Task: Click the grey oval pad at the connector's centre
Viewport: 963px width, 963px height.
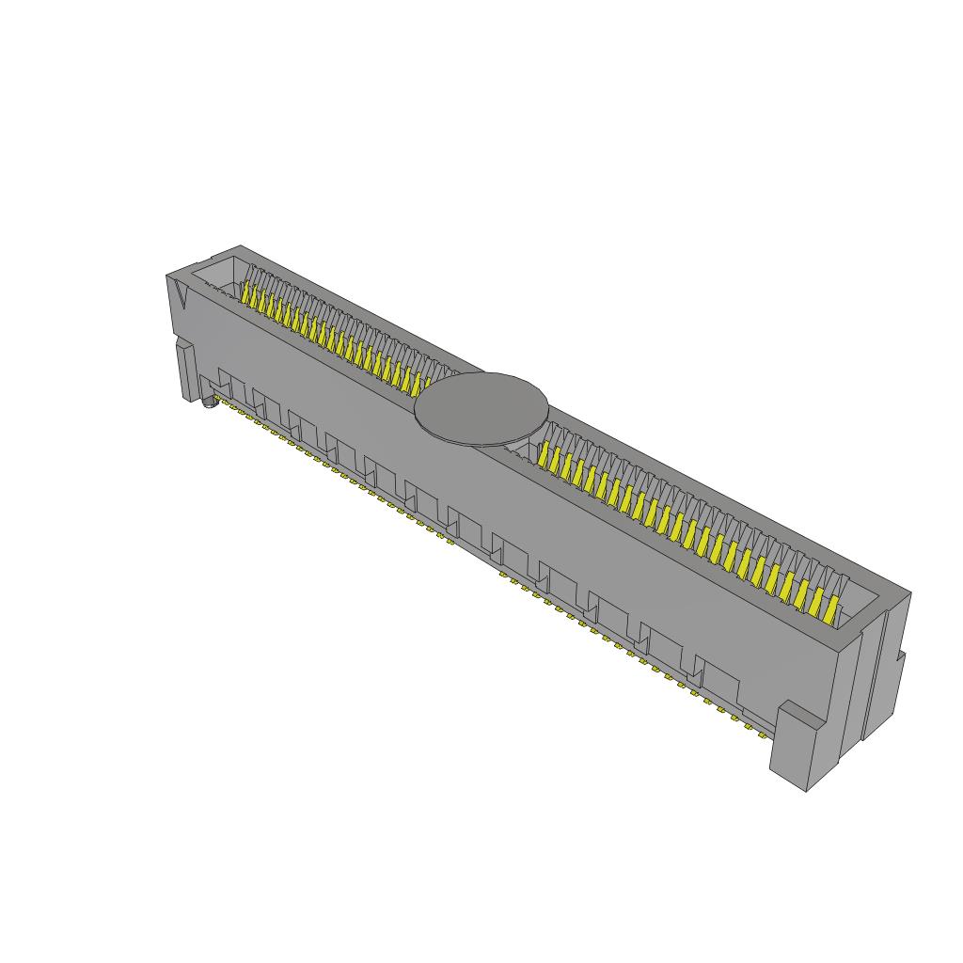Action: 481,407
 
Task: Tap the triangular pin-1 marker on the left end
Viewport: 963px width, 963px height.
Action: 181,299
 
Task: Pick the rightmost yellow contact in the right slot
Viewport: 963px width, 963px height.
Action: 830,608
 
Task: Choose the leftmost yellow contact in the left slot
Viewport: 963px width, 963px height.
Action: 247,294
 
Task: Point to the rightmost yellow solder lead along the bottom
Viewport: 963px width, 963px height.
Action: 764,734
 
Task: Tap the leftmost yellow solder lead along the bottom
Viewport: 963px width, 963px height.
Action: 217,402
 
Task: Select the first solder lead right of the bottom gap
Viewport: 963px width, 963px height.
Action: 504,574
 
